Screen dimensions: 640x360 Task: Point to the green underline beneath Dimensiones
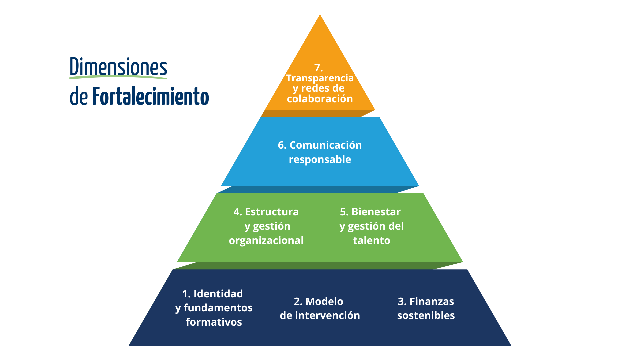[x=118, y=77]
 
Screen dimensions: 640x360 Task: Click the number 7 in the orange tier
[x=318, y=68]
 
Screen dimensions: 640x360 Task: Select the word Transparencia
[x=320, y=78]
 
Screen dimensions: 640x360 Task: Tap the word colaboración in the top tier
[x=320, y=99]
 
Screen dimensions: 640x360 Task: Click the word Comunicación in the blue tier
[x=326, y=145]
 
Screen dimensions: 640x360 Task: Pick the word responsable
[x=320, y=160]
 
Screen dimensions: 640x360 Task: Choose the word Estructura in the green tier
[x=272, y=212]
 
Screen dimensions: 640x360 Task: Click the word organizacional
[x=266, y=241]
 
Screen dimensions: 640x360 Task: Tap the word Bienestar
[x=376, y=212]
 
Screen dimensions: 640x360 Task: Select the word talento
[x=372, y=241]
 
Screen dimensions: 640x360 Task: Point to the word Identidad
[x=218, y=294]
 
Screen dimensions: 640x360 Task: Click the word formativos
[x=214, y=322]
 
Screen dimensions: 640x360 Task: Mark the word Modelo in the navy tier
[x=324, y=301]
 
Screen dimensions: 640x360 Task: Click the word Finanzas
[x=432, y=301]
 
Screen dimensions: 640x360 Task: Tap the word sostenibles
[x=426, y=315]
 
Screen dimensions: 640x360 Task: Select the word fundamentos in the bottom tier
[x=218, y=308]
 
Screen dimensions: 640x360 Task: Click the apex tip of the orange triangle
[x=320, y=15]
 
